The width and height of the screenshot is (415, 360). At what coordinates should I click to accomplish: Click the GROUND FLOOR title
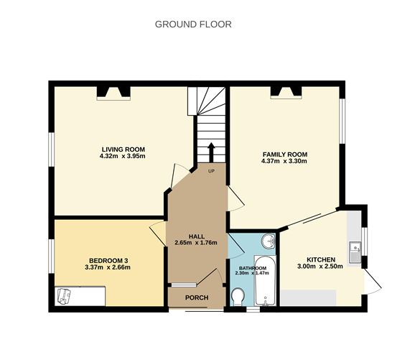point(193,24)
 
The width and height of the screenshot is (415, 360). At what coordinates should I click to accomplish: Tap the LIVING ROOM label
point(123,149)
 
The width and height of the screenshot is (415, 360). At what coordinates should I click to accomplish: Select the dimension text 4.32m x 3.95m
point(123,157)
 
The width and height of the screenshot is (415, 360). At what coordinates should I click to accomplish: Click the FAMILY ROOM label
point(284,154)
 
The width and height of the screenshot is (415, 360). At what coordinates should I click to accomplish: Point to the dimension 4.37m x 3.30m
point(284,162)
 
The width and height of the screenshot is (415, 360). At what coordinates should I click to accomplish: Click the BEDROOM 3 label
point(109,260)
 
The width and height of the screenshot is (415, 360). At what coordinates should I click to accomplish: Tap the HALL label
point(197,236)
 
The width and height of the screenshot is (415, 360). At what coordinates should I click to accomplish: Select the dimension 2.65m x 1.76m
point(196,243)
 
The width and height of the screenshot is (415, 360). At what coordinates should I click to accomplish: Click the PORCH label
point(196,297)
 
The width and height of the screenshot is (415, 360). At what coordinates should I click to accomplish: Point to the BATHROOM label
point(252,268)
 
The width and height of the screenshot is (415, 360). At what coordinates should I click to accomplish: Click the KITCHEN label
point(321,259)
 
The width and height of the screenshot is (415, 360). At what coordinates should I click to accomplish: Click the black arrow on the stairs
point(211,152)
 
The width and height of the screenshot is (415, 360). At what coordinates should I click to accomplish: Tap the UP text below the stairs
point(211,171)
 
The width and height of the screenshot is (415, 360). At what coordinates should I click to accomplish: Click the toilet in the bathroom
point(238,297)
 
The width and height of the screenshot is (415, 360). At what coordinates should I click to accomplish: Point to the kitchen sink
point(355,253)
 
